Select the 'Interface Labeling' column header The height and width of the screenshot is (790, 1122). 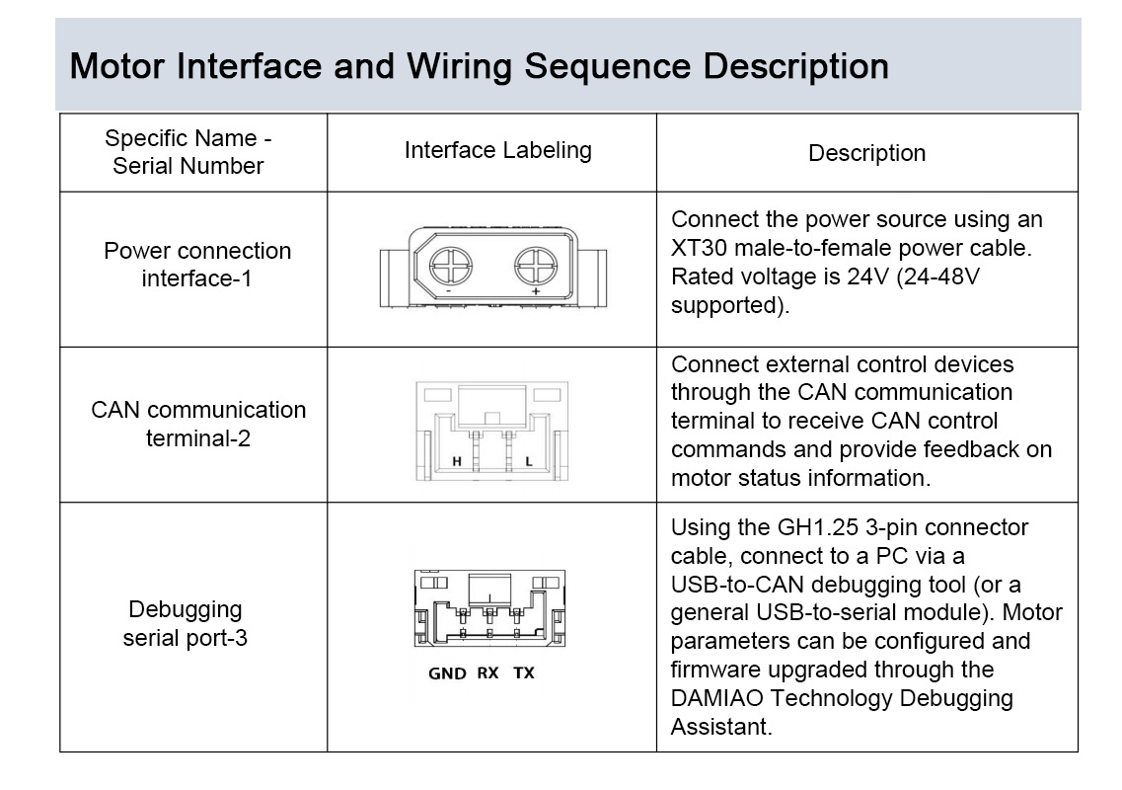click(497, 150)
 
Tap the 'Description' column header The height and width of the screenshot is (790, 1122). click(866, 153)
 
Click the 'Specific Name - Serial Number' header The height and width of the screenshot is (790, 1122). click(187, 152)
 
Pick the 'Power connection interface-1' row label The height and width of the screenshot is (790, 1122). click(197, 265)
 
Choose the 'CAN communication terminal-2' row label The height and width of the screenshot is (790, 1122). click(198, 424)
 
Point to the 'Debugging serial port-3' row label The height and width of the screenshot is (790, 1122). click(185, 623)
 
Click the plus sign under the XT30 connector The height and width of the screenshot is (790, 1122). click(536, 292)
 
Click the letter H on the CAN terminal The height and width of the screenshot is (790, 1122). click(457, 461)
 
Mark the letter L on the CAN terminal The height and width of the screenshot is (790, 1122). click(529, 461)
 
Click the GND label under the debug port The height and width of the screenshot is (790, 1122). click(447, 673)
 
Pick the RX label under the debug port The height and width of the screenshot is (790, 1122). click(487, 673)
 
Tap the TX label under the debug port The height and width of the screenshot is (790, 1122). click(524, 673)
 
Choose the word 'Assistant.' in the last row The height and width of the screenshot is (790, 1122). click(720, 727)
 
